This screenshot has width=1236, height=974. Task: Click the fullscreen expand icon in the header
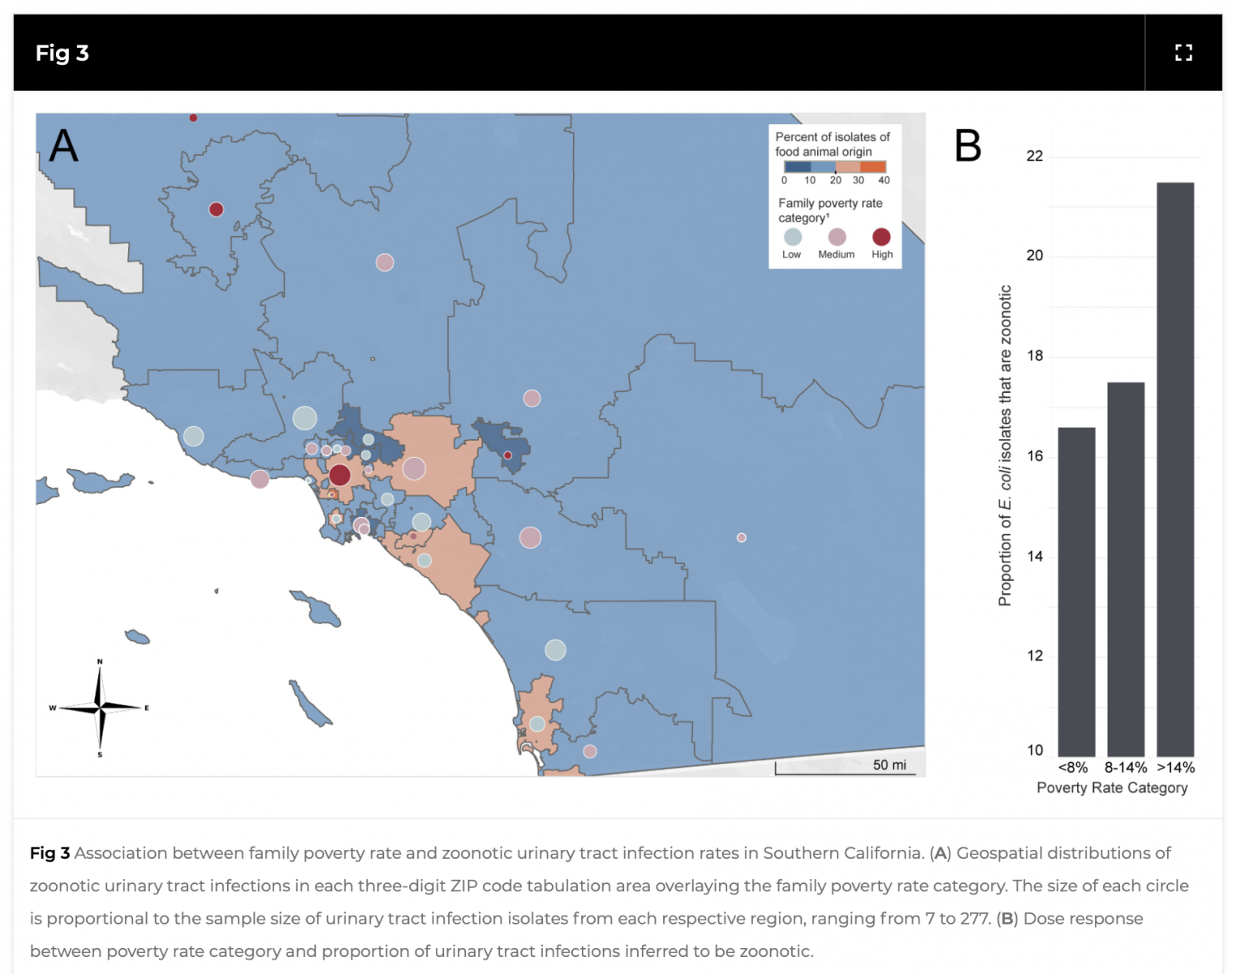point(1183,53)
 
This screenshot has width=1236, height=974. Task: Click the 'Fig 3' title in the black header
point(62,53)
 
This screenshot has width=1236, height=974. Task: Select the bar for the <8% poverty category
point(1076,592)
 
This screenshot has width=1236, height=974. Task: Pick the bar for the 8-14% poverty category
point(1126,570)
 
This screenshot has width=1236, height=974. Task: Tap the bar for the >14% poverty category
point(1175,469)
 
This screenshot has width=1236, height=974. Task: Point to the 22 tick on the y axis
point(1035,157)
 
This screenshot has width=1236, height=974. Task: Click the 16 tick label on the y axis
point(1035,456)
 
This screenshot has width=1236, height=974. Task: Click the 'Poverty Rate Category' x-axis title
point(1112,788)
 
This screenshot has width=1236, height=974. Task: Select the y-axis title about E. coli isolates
point(1005,446)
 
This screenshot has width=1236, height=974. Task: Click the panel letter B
point(967,145)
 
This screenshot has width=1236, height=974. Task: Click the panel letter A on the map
point(63,145)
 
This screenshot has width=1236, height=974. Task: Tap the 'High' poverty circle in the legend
point(881,237)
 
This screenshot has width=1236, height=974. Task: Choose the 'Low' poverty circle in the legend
point(793,237)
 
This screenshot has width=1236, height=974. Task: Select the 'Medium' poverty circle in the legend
point(837,237)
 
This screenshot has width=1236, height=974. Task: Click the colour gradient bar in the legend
point(835,166)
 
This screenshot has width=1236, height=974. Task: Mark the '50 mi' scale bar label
point(889,765)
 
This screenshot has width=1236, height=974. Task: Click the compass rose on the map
point(100,708)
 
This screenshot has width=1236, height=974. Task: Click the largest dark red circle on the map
point(339,475)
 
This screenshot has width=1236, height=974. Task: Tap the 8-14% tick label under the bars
point(1126,768)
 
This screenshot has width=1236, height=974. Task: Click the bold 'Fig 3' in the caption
point(50,853)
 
